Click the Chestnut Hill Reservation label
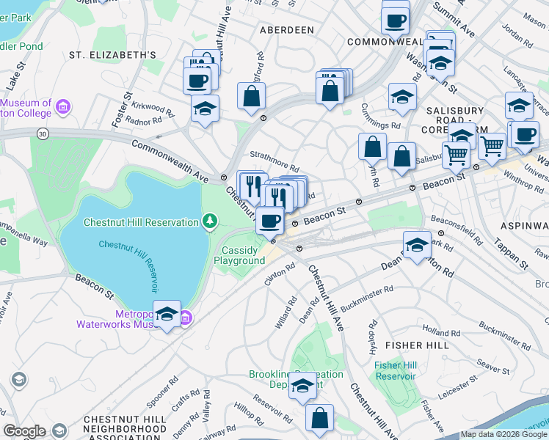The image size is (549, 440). tap(141, 222)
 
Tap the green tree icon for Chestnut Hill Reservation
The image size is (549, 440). tap(211, 221)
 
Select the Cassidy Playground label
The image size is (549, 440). tap(243, 255)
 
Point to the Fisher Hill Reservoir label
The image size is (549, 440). tap(395, 370)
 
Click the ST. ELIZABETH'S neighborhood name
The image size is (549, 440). tap(112, 55)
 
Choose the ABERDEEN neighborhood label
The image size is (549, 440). tap(286, 30)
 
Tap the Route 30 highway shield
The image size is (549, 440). tap(43, 133)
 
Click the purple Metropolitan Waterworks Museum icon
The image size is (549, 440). tap(186, 317)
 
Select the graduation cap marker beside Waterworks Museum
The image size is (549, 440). tap(167, 314)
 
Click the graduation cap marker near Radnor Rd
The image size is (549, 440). tap(204, 109)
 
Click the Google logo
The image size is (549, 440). tap(24, 431)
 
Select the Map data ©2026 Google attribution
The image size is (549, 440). tap(503, 435)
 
